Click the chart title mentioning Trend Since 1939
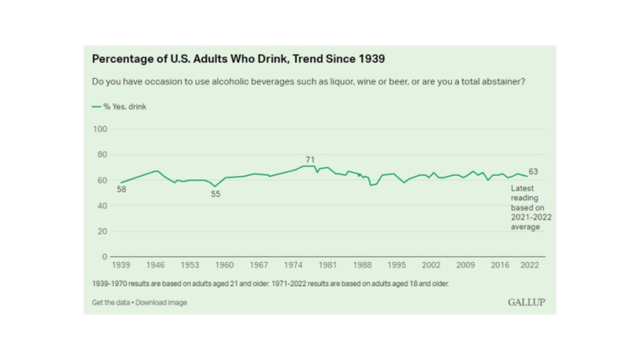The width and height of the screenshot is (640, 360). click(x=238, y=59)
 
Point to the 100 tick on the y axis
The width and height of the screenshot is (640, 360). click(x=101, y=129)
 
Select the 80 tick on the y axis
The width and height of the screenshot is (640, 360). click(x=102, y=154)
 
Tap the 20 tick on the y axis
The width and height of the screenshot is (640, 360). click(x=102, y=231)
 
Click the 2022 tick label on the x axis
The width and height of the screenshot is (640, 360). click(x=529, y=265)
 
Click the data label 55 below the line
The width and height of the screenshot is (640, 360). click(x=216, y=194)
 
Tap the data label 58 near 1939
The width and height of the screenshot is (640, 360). click(x=121, y=189)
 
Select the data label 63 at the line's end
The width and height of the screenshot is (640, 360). click(x=533, y=172)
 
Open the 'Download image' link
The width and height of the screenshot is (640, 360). click(x=161, y=302)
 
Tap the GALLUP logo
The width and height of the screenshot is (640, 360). click(x=526, y=302)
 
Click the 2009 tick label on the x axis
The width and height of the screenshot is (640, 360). click(x=465, y=265)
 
